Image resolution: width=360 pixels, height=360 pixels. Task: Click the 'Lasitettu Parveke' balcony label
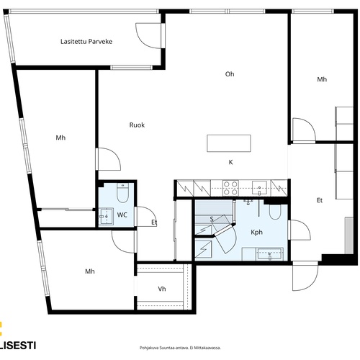pyautogui.click(x=86, y=42)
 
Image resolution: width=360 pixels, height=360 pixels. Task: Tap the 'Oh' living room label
pyautogui.click(x=230, y=74)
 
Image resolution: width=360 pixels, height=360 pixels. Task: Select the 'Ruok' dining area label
pyautogui.click(x=137, y=125)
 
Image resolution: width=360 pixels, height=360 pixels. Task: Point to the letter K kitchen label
pyautogui.click(x=230, y=162)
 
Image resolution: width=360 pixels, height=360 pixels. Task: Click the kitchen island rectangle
pyautogui.click(x=229, y=143)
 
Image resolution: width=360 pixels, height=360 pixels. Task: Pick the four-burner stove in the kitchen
pyautogui.click(x=230, y=188)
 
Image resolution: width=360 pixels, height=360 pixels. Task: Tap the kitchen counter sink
pyautogui.click(x=259, y=188)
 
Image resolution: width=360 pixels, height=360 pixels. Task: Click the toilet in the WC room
pyautogui.click(x=122, y=192)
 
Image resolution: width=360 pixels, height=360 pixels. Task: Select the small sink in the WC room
pyautogui.click(x=106, y=217)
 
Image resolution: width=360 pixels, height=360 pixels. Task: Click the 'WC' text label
pyautogui.click(x=122, y=215)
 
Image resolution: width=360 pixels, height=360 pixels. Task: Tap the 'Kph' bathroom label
pyautogui.click(x=256, y=233)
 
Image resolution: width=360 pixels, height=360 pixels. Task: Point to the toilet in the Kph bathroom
pyautogui.click(x=275, y=212)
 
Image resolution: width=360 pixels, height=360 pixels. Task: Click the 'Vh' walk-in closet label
pyautogui.click(x=162, y=289)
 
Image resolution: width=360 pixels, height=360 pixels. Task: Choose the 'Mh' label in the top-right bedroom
pyautogui.click(x=322, y=79)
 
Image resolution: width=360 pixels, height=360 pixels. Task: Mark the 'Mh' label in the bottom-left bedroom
pyautogui.click(x=90, y=271)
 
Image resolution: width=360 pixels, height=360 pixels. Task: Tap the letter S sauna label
pyautogui.click(x=212, y=219)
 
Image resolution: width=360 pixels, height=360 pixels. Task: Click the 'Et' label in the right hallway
pyautogui.click(x=320, y=200)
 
